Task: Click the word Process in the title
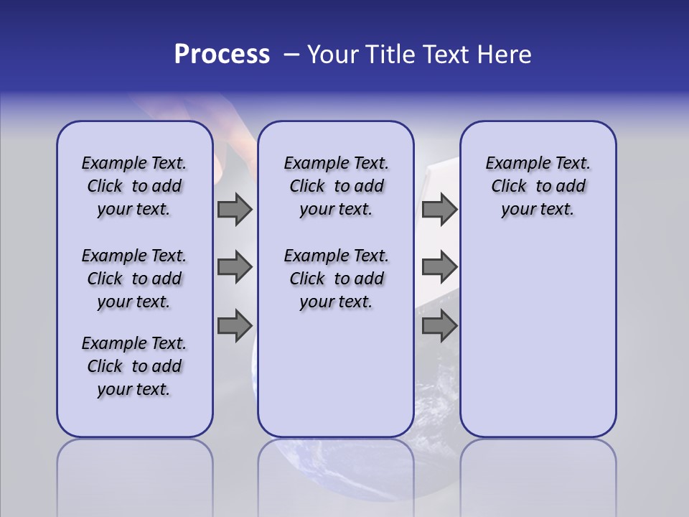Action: tap(222, 55)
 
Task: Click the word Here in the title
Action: tap(504, 55)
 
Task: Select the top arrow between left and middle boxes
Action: tap(235, 209)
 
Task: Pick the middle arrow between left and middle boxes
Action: tap(235, 267)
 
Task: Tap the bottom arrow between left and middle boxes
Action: tap(235, 326)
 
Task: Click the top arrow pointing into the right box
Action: tap(439, 209)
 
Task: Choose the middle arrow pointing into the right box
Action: tap(439, 267)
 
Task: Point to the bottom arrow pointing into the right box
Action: tap(439, 326)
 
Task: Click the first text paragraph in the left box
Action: tap(134, 186)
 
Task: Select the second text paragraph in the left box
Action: tap(134, 279)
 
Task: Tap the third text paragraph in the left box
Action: tap(134, 366)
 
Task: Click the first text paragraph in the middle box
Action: tap(336, 186)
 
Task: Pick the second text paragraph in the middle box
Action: tap(336, 279)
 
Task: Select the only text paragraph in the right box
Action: tap(538, 186)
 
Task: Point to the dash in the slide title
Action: tap(291, 55)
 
